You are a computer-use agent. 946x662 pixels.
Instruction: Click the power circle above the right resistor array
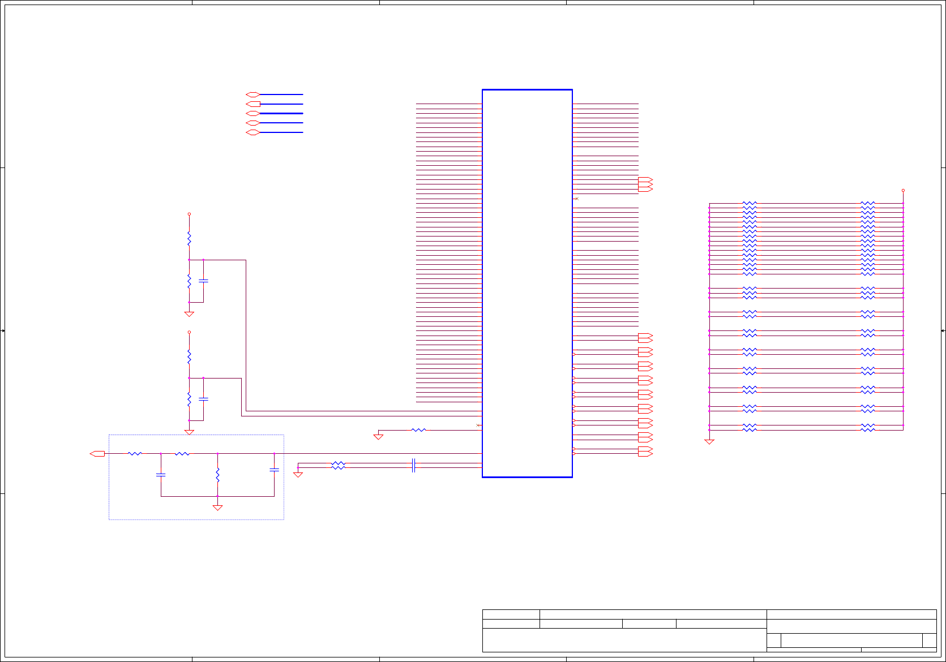(903, 191)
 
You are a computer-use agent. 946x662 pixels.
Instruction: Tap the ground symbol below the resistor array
(709, 441)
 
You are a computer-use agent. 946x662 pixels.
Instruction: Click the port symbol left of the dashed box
(97, 453)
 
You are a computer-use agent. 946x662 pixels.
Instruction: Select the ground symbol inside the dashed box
(217, 508)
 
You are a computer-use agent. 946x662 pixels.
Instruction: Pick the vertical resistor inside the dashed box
(217, 475)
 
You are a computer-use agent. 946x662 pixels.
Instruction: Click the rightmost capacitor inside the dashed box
(274, 470)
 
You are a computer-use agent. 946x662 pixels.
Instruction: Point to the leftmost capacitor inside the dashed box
(161, 475)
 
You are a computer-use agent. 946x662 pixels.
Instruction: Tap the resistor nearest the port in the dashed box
(135, 453)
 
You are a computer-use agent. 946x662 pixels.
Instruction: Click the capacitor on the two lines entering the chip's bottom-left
(414, 465)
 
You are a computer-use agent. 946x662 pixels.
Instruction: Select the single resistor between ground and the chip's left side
(418, 430)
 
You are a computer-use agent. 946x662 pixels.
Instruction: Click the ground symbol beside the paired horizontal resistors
(298, 474)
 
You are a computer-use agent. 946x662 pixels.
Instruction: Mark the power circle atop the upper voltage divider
(189, 214)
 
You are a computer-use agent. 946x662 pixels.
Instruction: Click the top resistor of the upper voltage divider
(189, 239)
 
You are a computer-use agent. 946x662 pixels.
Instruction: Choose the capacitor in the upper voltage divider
(203, 281)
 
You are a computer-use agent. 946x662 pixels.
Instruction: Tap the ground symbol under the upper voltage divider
(189, 313)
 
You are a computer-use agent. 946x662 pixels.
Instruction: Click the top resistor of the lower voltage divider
(189, 356)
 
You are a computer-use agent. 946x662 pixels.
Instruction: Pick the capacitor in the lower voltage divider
(203, 399)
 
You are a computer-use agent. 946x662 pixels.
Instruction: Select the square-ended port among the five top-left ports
(253, 104)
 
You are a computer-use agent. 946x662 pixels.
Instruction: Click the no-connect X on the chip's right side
(576, 199)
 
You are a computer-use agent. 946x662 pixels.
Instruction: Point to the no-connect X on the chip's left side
(478, 425)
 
